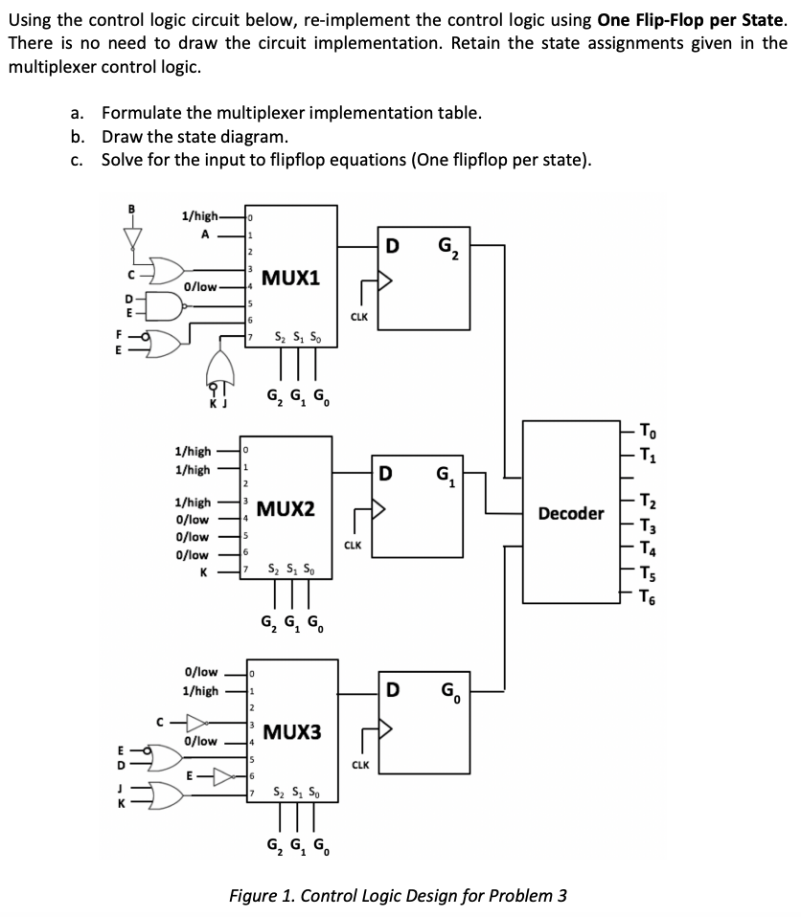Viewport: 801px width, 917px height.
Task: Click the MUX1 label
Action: pos(291,278)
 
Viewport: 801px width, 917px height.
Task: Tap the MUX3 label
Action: pos(291,732)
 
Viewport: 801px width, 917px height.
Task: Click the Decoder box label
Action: pos(571,514)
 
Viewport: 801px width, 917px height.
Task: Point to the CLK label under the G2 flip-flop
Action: pos(359,315)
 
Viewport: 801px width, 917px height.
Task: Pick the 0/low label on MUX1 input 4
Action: pos(203,286)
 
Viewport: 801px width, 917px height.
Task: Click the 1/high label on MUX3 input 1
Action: pos(200,690)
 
